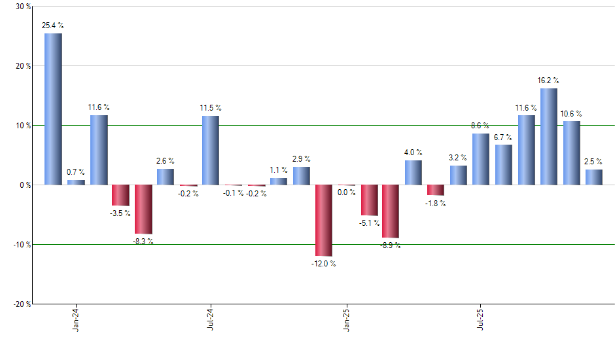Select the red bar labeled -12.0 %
[x=324, y=220]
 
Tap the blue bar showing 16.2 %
[x=549, y=137]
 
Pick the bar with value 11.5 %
[x=211, y=151]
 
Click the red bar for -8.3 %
[x=143, y=209]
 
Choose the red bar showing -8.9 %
[x=391, y=211]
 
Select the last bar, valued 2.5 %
[x=594, y=177]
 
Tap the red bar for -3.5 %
[x=120, y=195]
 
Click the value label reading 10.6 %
[x=571, y=114]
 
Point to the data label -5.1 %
[x=369, y=223]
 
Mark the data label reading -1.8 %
[x=436, y=204]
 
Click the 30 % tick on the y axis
[x=23, y=7]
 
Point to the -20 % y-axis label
[x=22, y=304]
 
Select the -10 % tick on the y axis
[x=22, y=244]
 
